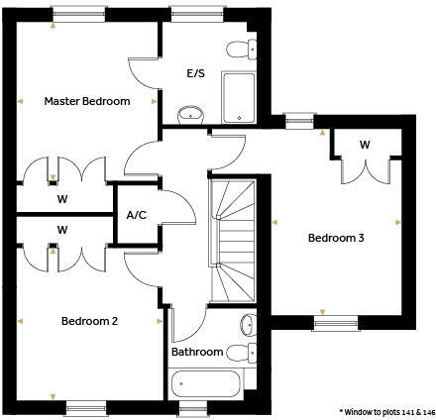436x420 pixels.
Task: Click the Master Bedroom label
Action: [86, 101]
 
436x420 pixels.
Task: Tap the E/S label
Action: [195, 74]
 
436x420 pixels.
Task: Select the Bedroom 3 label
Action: [335, 238]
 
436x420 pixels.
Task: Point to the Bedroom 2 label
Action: [89, 321]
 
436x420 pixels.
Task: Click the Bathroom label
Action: [197, 352]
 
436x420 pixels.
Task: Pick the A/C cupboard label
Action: [136, 215]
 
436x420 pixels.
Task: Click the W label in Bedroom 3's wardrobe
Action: [365, 145]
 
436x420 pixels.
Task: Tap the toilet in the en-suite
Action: [238, 50]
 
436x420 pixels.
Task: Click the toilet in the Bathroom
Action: [239, 352]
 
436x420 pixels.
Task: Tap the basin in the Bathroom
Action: [246, 324]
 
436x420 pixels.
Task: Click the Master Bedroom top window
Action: [79, 13]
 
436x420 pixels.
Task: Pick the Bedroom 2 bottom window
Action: [85, 405]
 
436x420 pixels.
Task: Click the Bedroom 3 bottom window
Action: [337, 321]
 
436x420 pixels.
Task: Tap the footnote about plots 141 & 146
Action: [386, 410]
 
